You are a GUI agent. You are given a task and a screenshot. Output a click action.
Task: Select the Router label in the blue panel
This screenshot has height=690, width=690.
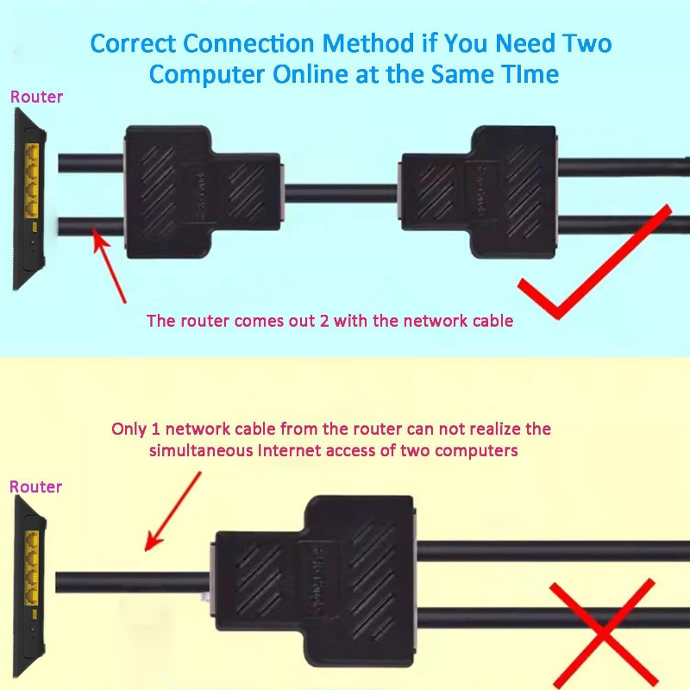(36, 97)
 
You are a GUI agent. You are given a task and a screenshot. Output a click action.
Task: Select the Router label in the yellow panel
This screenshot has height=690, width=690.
(35, 486)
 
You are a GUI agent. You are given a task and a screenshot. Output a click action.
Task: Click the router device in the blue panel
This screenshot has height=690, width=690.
(29, 199)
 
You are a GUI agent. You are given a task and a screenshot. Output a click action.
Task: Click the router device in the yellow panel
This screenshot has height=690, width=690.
(29, 586)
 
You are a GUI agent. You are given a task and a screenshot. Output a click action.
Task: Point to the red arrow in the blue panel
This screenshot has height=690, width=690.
(109, 265)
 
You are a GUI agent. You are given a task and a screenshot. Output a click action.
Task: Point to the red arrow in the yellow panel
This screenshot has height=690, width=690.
(173, 511)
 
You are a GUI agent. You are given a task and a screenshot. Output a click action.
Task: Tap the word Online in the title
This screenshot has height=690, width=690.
(310, 74)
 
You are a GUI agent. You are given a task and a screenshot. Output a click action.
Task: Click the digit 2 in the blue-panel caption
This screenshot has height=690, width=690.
(324, 321)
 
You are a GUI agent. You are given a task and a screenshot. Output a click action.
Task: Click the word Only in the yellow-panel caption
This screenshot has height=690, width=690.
(129, 429)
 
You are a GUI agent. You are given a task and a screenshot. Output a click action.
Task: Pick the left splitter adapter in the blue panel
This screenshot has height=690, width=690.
(204, 191)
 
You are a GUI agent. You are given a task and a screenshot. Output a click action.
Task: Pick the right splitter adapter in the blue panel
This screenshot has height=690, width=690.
(478, 191)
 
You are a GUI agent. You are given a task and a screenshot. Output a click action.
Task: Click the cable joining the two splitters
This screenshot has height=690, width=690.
(341, 193)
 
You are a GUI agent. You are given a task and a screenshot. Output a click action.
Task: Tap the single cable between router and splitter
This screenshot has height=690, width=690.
(133, 582)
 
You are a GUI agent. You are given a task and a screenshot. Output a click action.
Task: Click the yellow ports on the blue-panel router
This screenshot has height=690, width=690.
(32, 180)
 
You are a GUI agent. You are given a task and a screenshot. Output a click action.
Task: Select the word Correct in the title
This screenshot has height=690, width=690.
(134, 44)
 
